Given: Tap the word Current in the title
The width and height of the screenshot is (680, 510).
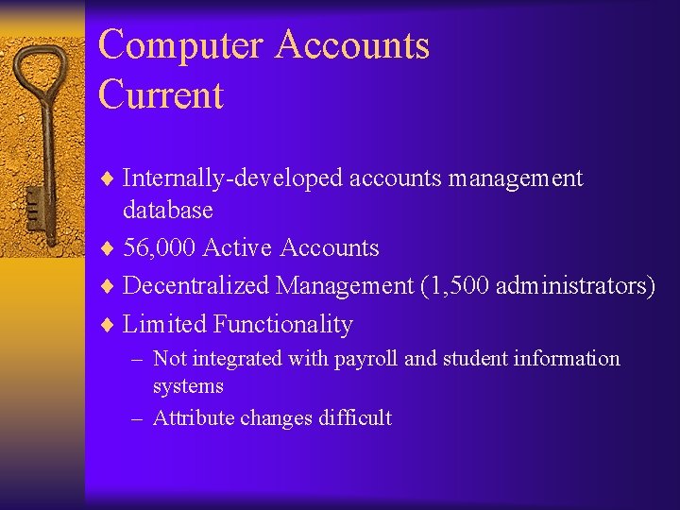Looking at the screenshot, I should coord(161,95).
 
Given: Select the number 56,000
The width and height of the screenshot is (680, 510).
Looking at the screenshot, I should coord(160,248).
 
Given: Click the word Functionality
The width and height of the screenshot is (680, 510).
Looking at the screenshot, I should coord(282,325).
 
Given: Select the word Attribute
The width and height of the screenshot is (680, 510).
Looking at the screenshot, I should coord(193,418).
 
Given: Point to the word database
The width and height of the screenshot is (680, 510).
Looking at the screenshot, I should coord(168,210).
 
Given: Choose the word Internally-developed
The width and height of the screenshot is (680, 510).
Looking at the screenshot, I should coord(233,178).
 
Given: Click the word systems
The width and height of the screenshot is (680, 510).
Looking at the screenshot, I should coord(188,386).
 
